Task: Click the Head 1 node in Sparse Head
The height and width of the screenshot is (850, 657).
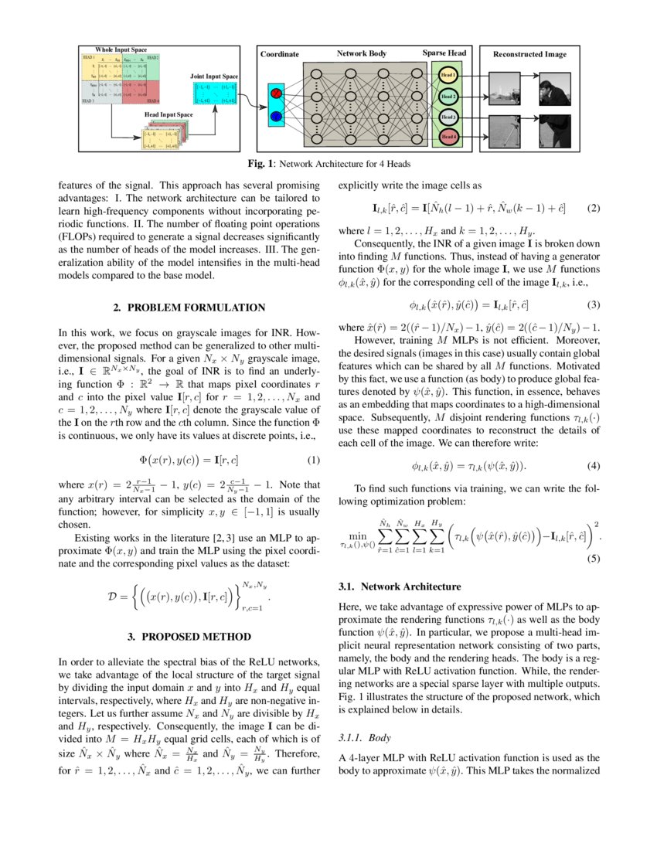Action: click(448, 76)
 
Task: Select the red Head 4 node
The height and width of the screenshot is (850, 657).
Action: click(448, 137)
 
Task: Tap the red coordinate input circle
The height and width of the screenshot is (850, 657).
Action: click(277, 94)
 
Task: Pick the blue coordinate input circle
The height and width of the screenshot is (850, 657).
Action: click(277, 117)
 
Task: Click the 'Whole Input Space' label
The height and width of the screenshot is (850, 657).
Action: click(121, 49)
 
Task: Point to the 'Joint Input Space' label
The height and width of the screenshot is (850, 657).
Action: click(214, 76)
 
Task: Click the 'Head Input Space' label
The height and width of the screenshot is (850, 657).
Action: click(169, 114)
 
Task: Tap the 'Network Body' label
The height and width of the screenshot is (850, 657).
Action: click(362, 53)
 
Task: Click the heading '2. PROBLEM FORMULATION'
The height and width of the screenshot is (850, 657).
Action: click(189, 308)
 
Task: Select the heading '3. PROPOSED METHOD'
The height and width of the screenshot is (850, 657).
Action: click(189, 637)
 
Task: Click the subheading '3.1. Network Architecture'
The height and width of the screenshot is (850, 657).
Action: click(400, 587)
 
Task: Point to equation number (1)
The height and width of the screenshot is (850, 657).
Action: click(313, 461)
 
